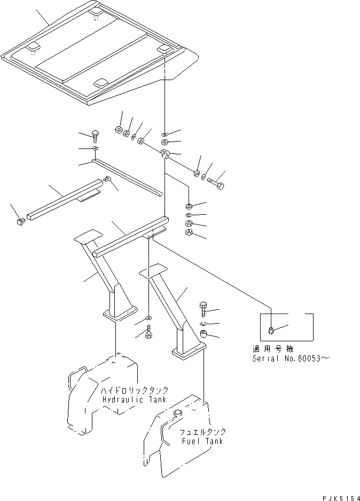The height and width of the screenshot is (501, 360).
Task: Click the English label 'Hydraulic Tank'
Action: click(x=133, y=400)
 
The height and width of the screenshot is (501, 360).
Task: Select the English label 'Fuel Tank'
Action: click(x=202, y=441)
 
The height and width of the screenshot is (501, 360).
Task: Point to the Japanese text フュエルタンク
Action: click(x=204, y=432)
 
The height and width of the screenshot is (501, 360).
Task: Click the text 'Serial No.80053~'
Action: click(x=292, y=358)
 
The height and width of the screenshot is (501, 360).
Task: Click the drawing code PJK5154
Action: click(x=340, y=497)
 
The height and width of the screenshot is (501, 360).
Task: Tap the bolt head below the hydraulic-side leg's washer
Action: click(x=148, y=334)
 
